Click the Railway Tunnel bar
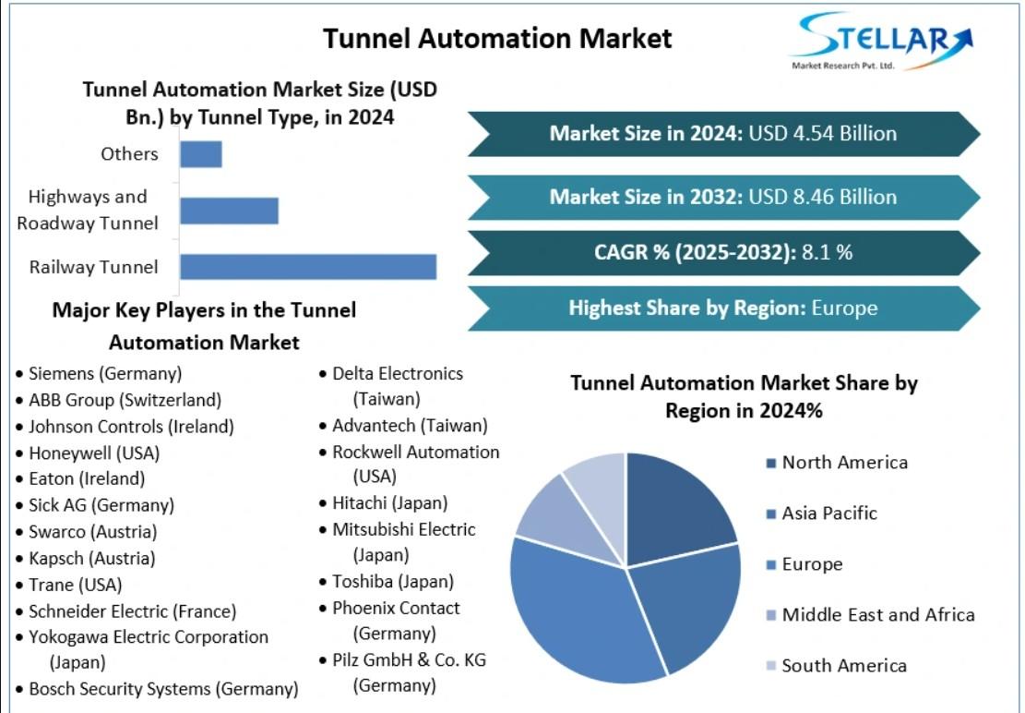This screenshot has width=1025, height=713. (x=308, y=267)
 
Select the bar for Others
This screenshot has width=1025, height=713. (x=201, y=154)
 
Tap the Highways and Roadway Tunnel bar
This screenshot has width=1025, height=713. (x=230, y=211)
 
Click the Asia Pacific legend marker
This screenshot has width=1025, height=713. (x=771, y=514)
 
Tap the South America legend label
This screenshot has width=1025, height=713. (x=844, y=666)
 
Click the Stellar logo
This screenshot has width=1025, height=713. (x=883, y=41)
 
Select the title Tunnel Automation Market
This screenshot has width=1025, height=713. (x=497, y=39)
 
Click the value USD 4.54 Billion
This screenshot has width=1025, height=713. (x=822, y=133)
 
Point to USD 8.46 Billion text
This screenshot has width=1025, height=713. (x=822, y=197)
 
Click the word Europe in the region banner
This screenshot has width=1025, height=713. (x=844, y=308)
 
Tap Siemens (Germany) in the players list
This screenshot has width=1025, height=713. (x=105, y=373)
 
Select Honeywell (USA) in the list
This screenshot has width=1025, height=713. (x=94, y=453)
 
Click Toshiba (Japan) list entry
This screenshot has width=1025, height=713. (x=393, y=582)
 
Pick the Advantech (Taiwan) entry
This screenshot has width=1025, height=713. (x=410, y=426)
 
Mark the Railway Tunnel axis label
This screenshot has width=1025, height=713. (x=93, y=267)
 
